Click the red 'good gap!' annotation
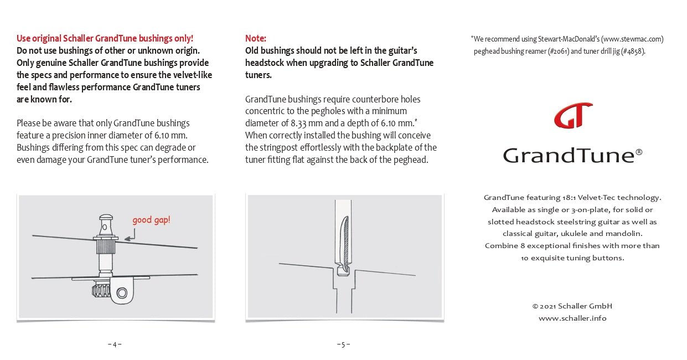pyautogui.click(x=151, y=220)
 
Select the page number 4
pyautogui.click(x=115, y=344)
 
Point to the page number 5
pyautogui.click(x=343, y=344)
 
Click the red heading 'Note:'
pyautogui.click(x=256, y=38)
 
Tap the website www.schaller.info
pyautogui.click(x=572, y=318)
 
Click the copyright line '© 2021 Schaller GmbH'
pyautogui.click(x=572, y=306)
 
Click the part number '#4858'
pyautogui.click(x=632, y=52)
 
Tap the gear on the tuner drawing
pyautogui.click(x=102, y=289)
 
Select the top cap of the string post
pyautogui.click(x=105, y=217)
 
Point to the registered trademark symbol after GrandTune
pyautogui.click(x=639, y=151)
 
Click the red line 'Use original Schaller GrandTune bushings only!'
pyautogui.click(x=105, y=38)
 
